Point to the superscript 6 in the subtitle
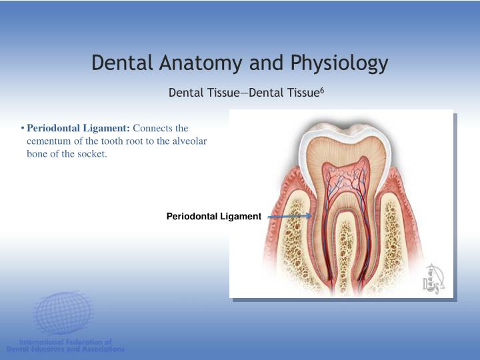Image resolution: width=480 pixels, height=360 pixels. point(321,89)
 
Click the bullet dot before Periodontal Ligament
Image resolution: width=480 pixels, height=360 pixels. point(23,128)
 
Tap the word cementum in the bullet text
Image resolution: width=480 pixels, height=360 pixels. point(49,141)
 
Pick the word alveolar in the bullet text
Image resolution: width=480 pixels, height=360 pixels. point(191,141)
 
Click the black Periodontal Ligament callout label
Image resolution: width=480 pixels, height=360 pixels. point(213,216)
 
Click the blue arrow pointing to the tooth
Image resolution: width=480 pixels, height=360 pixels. point(290,216)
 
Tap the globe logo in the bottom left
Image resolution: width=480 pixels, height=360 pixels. point(63,314)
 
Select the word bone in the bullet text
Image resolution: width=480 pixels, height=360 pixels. point(37,155)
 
